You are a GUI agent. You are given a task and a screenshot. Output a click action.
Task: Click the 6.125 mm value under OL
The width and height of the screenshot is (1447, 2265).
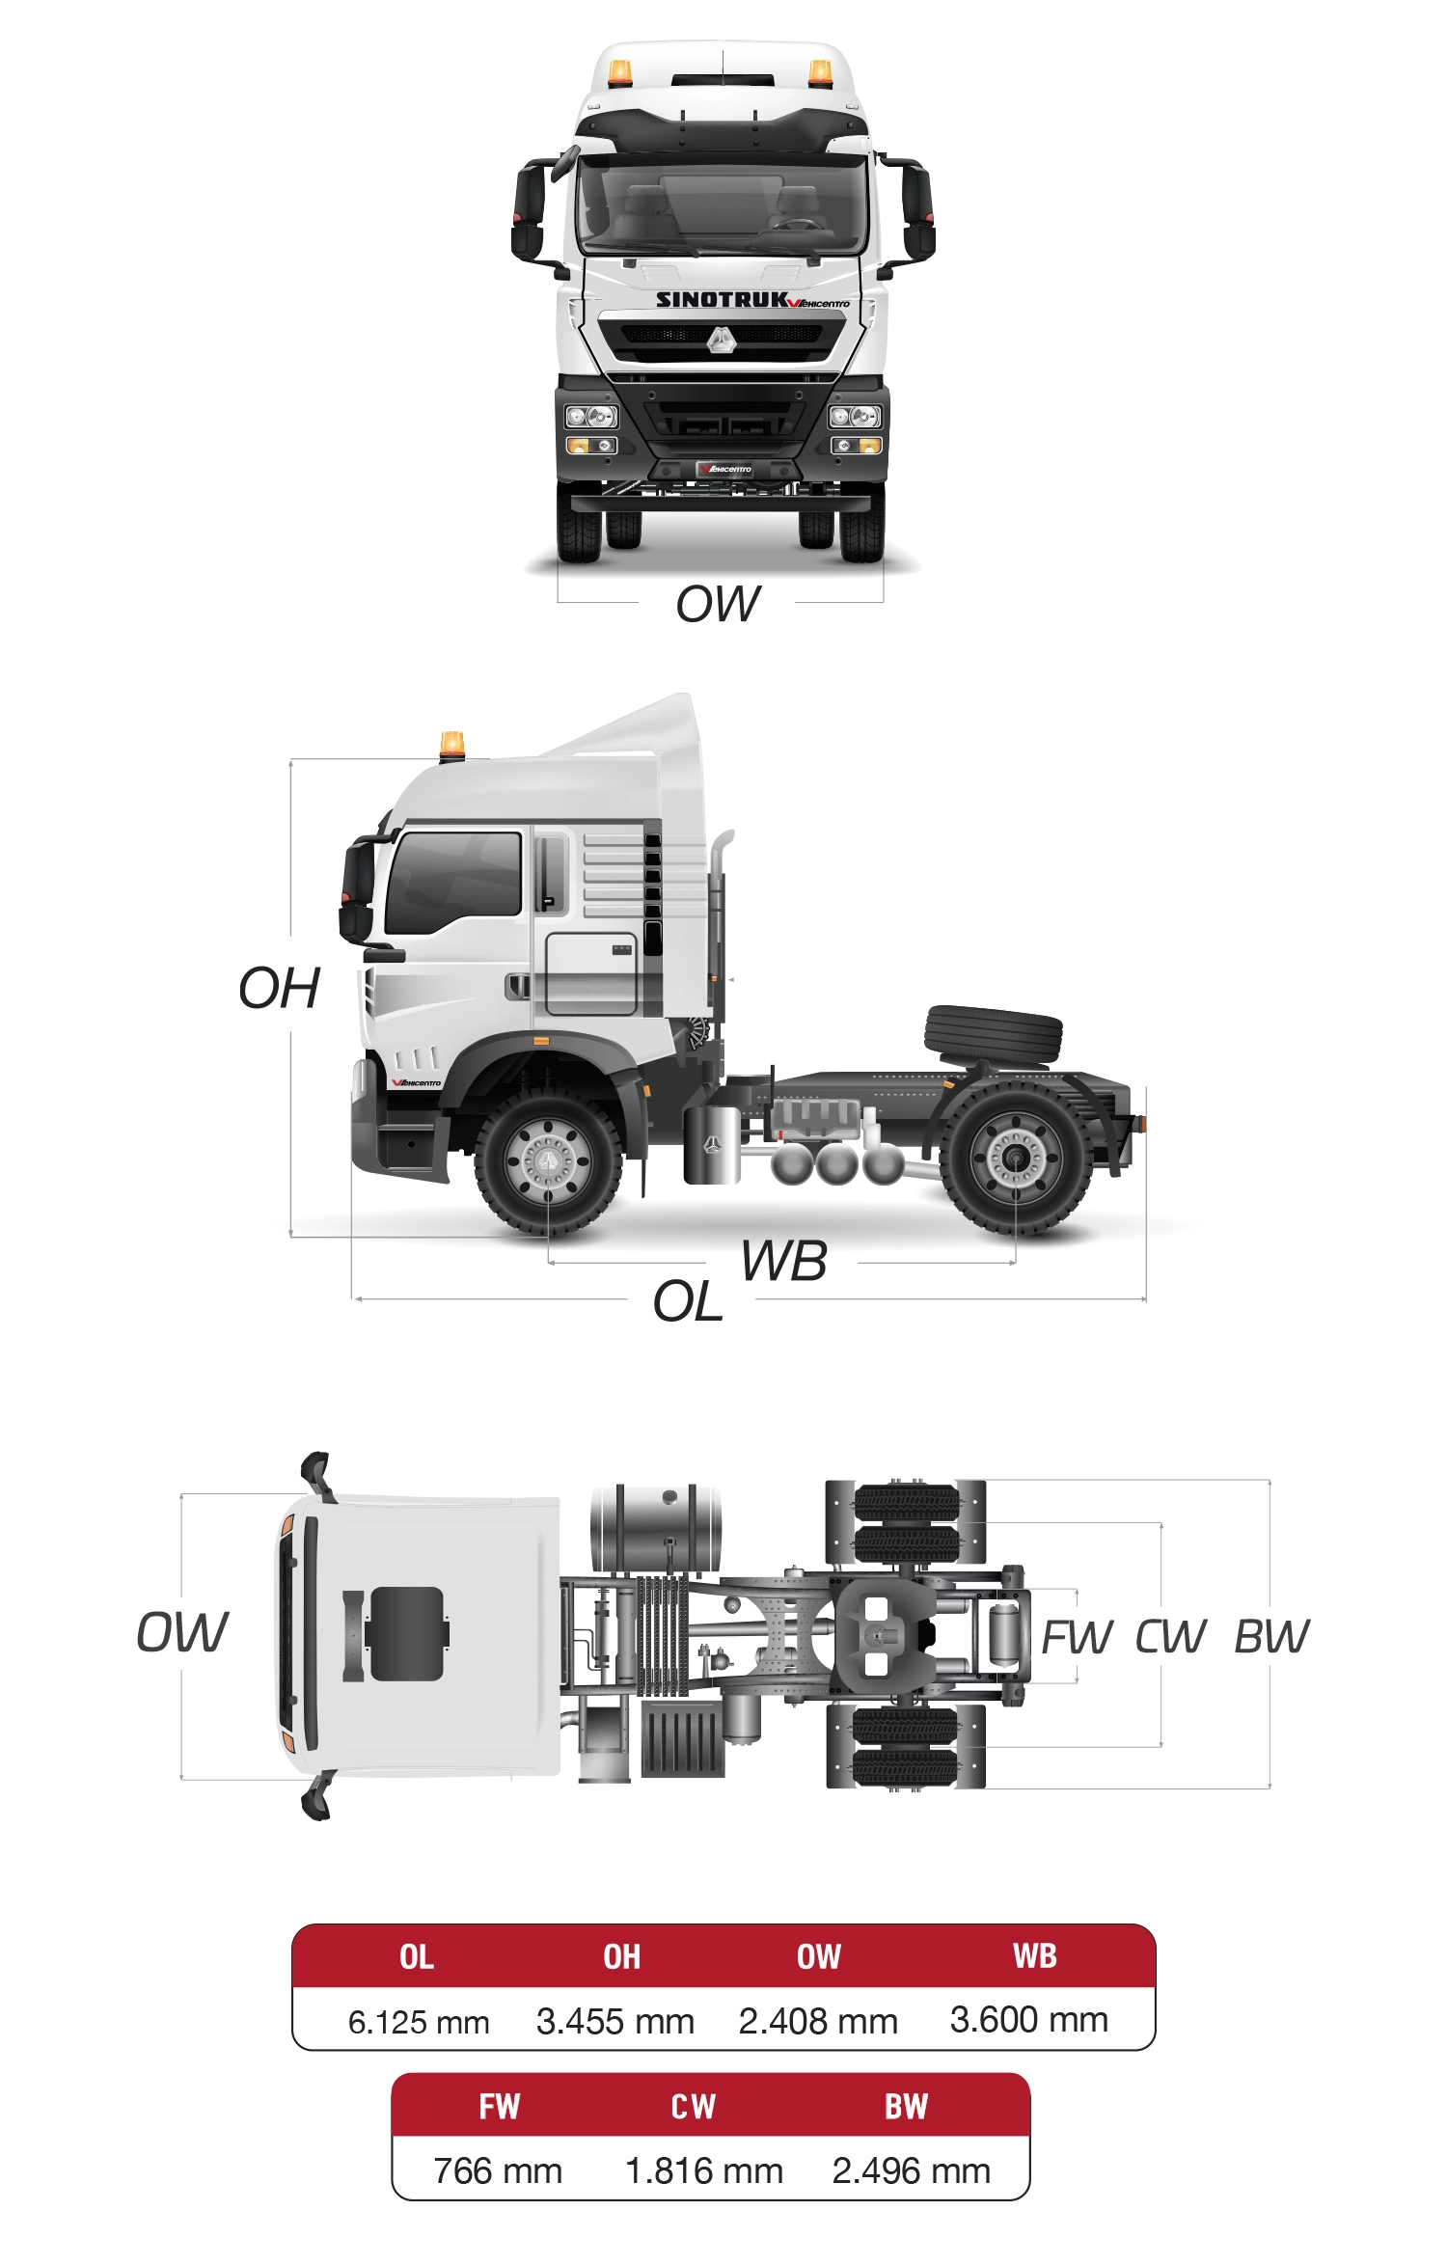point(419,2022)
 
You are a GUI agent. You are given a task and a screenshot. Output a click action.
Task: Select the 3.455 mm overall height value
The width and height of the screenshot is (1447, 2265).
point(615,2021)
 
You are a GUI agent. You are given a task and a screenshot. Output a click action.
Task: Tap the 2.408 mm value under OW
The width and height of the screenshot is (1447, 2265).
point(818,2021)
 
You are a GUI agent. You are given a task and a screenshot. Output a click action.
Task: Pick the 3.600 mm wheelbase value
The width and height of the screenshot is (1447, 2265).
point(1029,2019)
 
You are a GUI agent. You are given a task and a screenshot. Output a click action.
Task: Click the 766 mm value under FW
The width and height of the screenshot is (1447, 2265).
point(498,2170)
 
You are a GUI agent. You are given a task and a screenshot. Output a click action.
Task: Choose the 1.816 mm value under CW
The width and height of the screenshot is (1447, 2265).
point(704,2170)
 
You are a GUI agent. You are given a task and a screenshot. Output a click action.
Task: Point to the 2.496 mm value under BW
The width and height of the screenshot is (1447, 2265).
point(912,2170)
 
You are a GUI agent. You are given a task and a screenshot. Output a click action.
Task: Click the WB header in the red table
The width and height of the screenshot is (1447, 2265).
point(1035,1955)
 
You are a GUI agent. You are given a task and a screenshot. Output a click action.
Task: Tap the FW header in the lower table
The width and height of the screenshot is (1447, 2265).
point(500,2106)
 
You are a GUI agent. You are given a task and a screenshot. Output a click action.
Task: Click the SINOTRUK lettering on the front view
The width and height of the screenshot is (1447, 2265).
point(722,299)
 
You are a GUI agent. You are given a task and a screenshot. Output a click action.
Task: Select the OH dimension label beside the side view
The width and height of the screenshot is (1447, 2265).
point(279,988)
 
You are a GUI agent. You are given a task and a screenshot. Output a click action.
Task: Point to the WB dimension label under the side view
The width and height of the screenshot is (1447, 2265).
point(783,1261)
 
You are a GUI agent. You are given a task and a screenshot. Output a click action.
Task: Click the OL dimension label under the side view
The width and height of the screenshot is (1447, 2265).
point(688,1301)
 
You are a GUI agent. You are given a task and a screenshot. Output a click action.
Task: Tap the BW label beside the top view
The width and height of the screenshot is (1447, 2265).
point(1271,1636)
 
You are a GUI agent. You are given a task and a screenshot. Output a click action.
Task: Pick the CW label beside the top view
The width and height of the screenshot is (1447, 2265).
point(1170,1636)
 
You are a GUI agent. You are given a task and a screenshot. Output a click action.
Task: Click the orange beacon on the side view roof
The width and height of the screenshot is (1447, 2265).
point(451,745)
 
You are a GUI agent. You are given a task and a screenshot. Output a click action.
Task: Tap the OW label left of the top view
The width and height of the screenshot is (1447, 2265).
point(182,1632)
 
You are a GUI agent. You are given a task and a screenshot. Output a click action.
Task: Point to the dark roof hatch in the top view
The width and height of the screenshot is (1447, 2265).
point(406,1634)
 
